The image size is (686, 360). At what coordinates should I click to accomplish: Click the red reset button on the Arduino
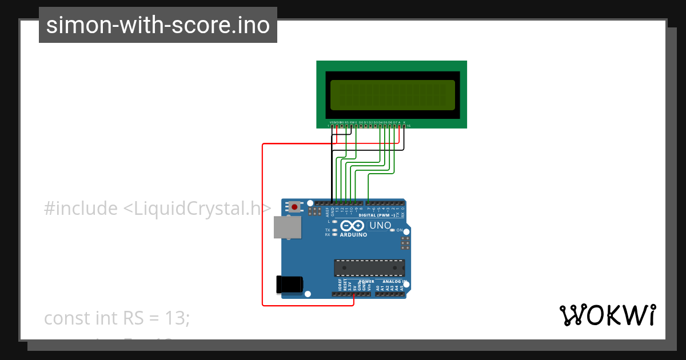coord(294,207)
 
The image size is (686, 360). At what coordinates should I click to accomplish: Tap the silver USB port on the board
coord(287,227)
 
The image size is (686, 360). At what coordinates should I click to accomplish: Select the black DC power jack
coord(289,285)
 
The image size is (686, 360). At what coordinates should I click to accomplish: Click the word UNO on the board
coord(380,225)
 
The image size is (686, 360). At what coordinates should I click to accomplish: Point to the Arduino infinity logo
coord(353,225)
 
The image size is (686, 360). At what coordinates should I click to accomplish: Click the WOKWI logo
coord(608,315)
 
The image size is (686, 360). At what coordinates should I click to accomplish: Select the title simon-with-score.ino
coord(158,25)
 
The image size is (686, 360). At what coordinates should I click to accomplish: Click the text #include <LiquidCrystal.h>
coord(157,209)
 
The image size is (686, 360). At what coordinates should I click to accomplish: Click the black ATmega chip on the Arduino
coord(369,267)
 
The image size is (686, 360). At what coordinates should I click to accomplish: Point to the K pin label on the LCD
coord(404,122)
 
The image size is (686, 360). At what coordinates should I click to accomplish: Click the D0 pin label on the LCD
coord(361,122)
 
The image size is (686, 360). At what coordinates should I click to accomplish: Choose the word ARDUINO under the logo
coord(353,234)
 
